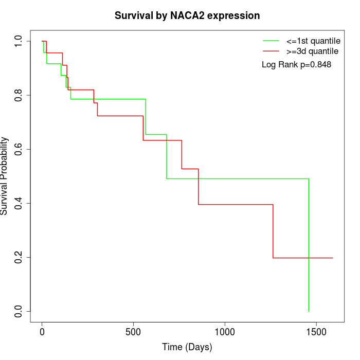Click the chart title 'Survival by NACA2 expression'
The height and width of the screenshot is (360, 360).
(x=187, y=15)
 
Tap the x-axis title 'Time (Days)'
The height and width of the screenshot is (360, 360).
(x=187, y=347)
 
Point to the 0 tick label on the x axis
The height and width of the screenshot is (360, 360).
(x=42, y=331)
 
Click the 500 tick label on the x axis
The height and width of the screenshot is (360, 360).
(x=134, y=331)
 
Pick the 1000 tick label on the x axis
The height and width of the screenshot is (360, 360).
(x=225, y=331)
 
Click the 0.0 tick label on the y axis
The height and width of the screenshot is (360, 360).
(x=19, y=311)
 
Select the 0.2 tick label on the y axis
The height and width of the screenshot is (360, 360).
(x=19, y=257)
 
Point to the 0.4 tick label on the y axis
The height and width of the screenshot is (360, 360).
(x=19, y=203)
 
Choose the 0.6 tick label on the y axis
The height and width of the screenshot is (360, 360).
(x=19, y=149)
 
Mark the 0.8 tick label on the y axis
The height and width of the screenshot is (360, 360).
(x=19, y=95)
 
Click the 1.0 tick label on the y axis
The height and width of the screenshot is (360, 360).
(x=19, y=41)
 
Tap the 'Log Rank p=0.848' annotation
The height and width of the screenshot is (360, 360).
(x=296, y=65)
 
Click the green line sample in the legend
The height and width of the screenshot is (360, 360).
(x=271, y=41)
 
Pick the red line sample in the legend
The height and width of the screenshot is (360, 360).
(x=271, y=51)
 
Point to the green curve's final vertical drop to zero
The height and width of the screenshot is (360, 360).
(x=309, y=247)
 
